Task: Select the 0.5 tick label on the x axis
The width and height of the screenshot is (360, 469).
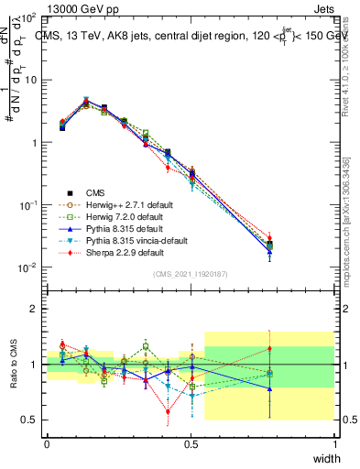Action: (191, 443)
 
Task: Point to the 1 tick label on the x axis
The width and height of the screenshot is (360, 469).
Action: (335, 443)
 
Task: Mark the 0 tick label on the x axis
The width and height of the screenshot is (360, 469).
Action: (47, 443)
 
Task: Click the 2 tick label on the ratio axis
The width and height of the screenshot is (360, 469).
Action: (34, 310)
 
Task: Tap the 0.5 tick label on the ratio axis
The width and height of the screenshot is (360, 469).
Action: (30, 420)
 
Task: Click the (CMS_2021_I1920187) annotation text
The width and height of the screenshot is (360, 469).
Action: (191, 274)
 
